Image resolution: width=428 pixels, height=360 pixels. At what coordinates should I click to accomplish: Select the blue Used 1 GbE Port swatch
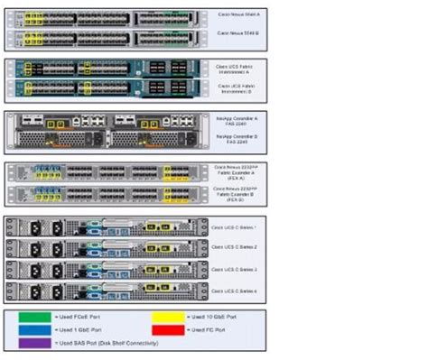(34, 331)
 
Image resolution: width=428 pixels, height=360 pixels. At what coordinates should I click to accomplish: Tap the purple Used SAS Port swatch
(34, 344)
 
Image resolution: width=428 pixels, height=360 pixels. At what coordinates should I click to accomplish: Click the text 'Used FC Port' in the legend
(206, 331)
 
